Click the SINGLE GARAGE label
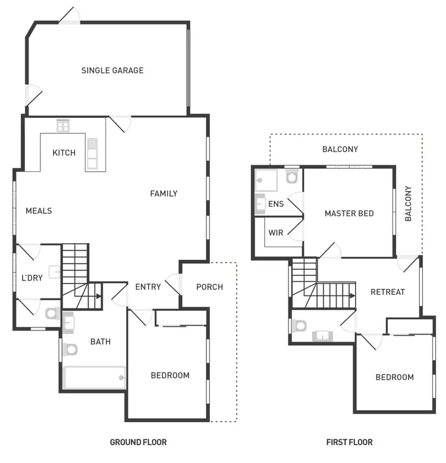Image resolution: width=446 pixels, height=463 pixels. coord(112,70)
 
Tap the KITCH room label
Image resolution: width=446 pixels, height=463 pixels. coord(64,153)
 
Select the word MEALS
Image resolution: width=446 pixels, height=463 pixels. coord(39,210)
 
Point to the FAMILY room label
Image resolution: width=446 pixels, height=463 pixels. coord(164,193)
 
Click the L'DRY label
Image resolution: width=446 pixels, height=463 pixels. coord(32,278)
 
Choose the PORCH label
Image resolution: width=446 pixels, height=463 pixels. coord(209,286)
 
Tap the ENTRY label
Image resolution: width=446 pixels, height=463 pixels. coord(148,286)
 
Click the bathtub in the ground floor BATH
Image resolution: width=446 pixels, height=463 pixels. coord(95,377)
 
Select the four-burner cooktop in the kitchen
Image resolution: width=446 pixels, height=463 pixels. coord(63,126)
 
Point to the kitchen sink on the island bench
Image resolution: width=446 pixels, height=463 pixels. coord(92,153)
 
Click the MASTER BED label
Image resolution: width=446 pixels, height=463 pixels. coord(349,213)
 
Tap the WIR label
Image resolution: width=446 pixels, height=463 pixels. coord(276,233)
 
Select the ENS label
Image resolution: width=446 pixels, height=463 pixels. coord(276,204)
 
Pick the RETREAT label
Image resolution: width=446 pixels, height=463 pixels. coord(387,292)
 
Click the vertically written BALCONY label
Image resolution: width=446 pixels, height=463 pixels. coord(408,204)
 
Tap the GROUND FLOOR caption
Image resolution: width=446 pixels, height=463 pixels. coord(138,442)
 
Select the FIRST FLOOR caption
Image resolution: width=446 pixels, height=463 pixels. coord(350,442)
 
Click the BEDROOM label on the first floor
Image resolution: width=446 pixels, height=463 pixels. coord(394,377)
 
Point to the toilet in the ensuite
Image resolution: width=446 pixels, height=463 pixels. coord(291,176)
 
